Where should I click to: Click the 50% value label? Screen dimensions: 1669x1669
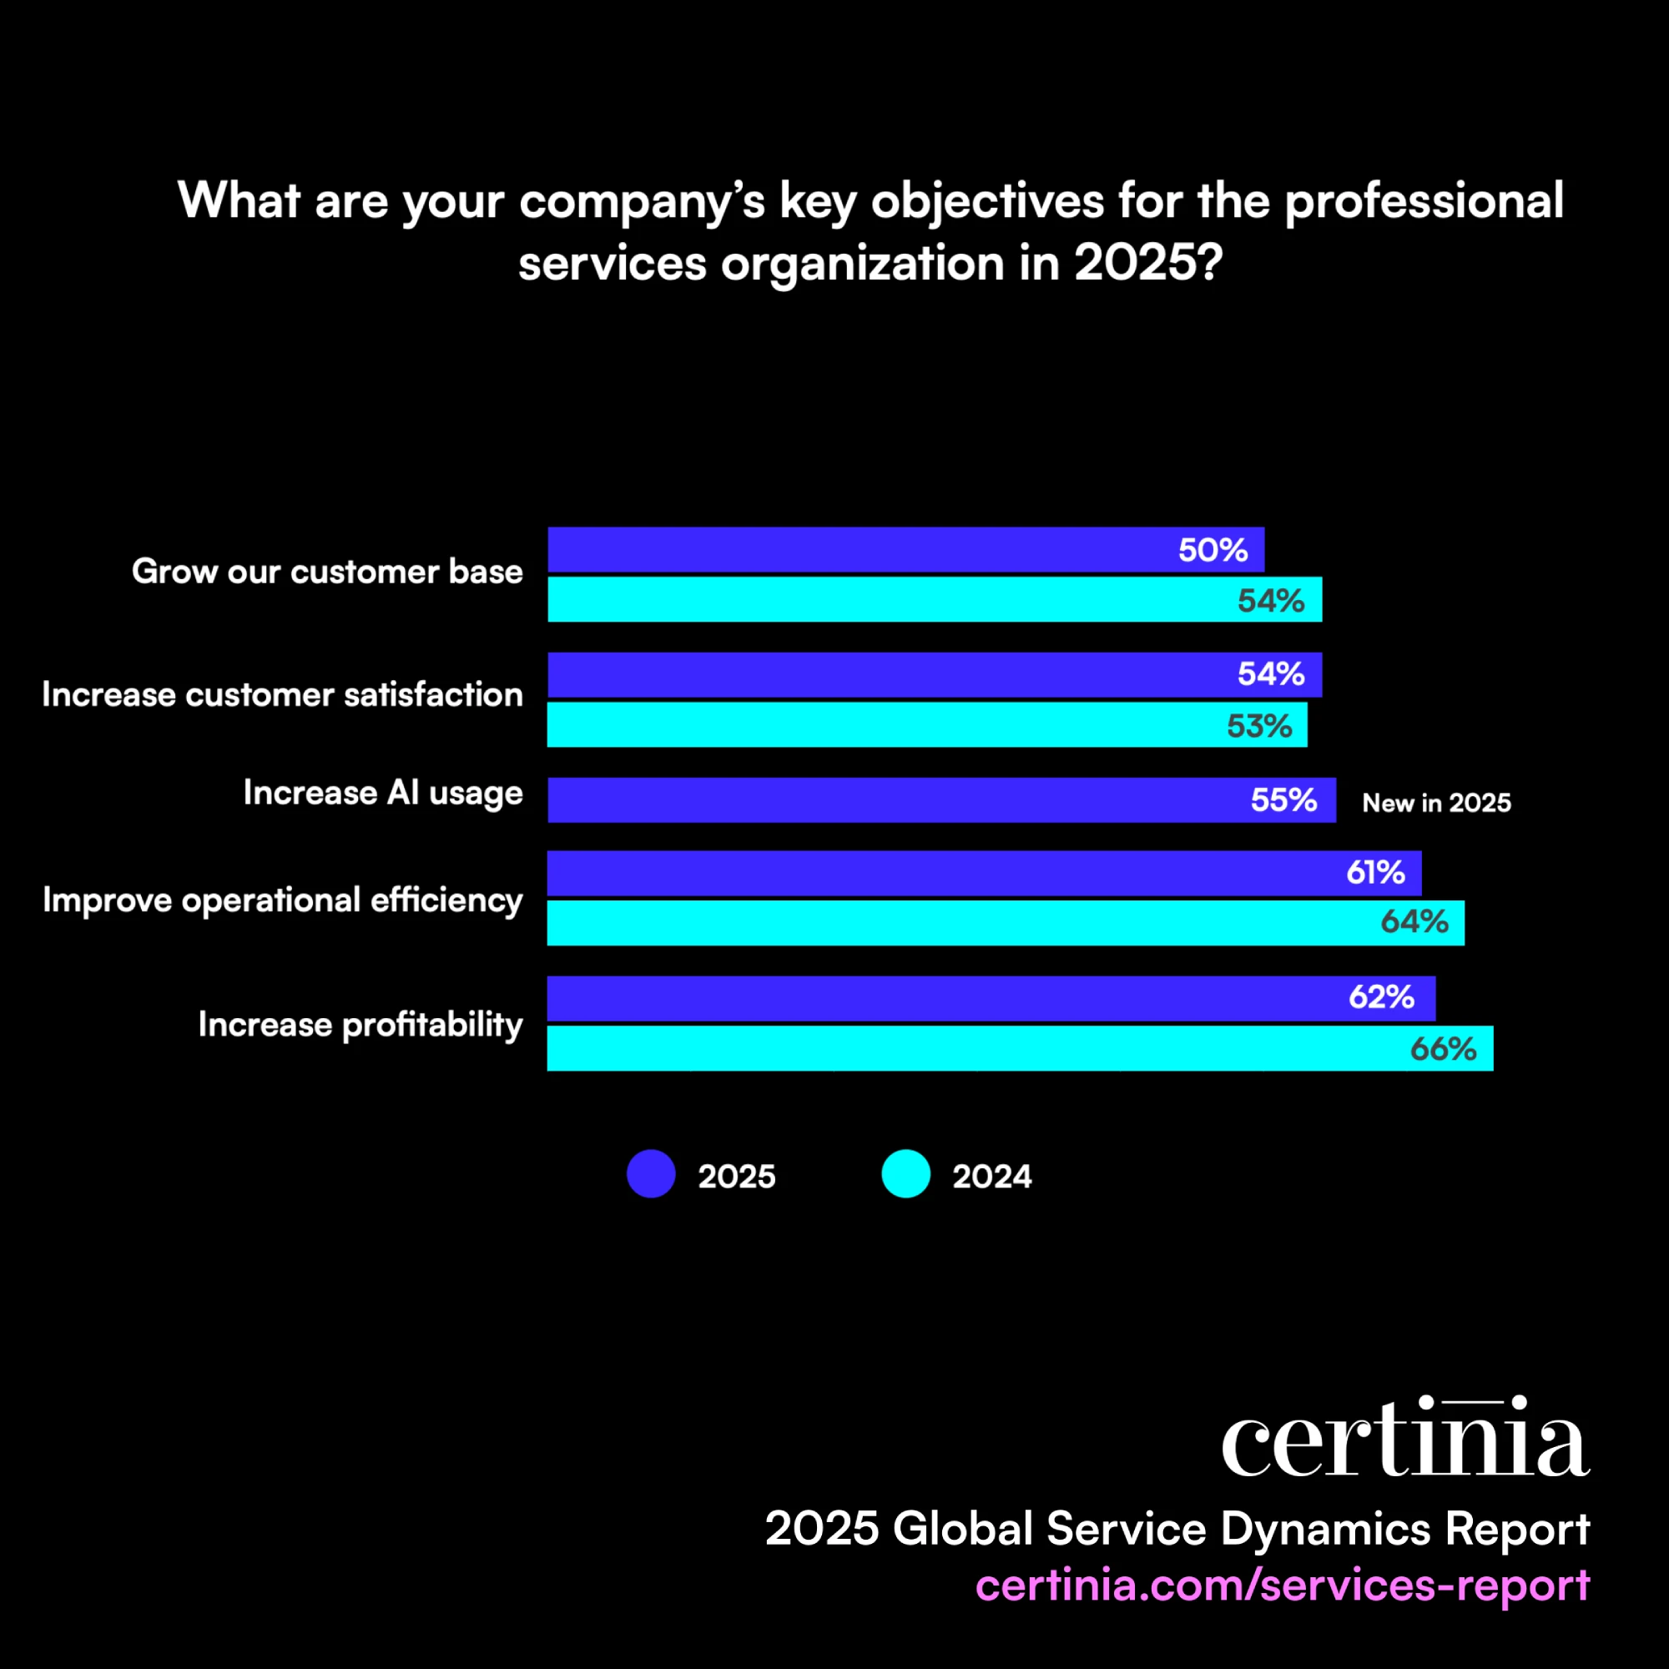pyautogui.click(x=1212, y=550)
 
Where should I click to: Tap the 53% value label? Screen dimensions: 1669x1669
pyautogui.click(x=1258, y=726)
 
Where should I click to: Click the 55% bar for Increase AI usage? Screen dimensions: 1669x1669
pyautogui.click(x=941, y=800)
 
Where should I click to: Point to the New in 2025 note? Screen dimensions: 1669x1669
pyautogui.click(x=1435, y=803)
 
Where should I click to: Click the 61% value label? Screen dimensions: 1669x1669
pyautogui.click(x=1375, y=873)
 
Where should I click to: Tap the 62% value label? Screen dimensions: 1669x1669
pyautogui.click(x=1380, y=998)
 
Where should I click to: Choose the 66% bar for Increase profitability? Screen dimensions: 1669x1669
pyautogui.click(x=1020, y=1048)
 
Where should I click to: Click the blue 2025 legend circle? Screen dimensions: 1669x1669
pyautogui.click(x=651, y=1173)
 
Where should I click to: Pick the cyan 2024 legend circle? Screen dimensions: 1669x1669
pyautogui.click(x=905, y=1173)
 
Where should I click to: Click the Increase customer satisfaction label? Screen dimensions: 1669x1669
pyautogui.click(x=283, y=694)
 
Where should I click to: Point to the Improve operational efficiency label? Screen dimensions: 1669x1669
pyautogui.click(x=283, y=900)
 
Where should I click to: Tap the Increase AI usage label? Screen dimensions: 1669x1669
pyautogui.click(x=383, y=793)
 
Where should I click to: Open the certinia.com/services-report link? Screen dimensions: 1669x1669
pyautogui.click(x=1282, y=1586)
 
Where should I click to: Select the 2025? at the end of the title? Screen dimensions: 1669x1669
pyautogui.click(x=1148, y=263)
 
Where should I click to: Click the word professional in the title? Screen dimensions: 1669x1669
pyautogui.click(x=1424, y=201)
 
